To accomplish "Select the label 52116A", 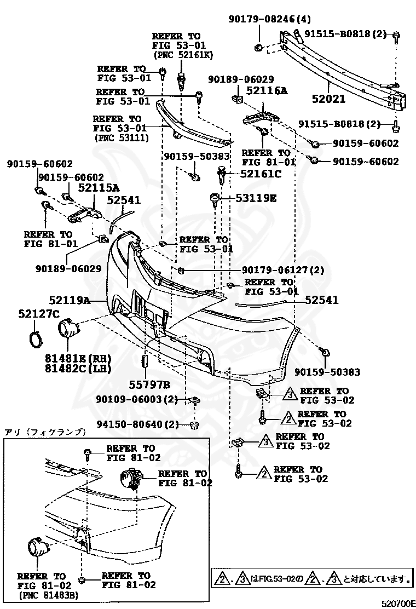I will point(266,91).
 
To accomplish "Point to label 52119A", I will point(69,300).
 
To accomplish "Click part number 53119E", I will point(256,198).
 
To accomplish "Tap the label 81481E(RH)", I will point(78,359).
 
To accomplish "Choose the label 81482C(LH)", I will point(78,369).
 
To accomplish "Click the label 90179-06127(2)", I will point(283,270).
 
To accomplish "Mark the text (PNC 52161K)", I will point(183,55).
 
